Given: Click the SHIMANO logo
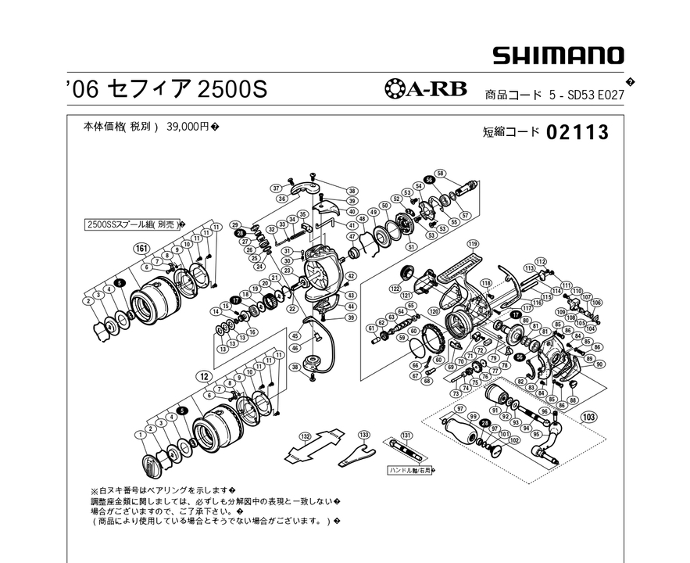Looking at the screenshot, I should [557, 56].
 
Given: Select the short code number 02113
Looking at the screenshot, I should [577, 132].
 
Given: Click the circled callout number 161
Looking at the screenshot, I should [141, 249].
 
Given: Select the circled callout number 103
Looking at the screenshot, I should [588, 418].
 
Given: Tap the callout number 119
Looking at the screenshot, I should [472, 244].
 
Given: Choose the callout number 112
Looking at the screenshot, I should [540, 261].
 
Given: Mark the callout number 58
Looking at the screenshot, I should [441, 173].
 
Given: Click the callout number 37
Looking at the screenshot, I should [276, 188].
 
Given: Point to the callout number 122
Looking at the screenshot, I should [395, 289].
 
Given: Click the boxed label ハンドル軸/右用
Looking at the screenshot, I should [415, 471].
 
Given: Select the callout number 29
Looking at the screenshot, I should [234, 225].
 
